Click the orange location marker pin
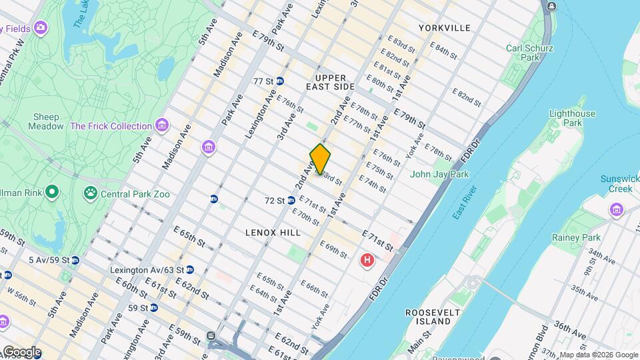[320, 159]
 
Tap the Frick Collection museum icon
[161, 125]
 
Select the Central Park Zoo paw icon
[90, 193]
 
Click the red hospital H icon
[367, 260]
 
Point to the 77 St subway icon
[280, 81]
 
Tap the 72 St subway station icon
[291, 200]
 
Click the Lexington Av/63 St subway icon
[190, 270]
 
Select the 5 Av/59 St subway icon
[75, 260]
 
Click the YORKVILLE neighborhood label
[445, 28]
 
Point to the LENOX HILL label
[273, 233]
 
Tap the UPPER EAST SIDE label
[331, 83]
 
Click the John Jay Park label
[439, 175]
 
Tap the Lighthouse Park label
[572, 119]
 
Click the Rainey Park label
[576, 237]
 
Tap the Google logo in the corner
[21, 352]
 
